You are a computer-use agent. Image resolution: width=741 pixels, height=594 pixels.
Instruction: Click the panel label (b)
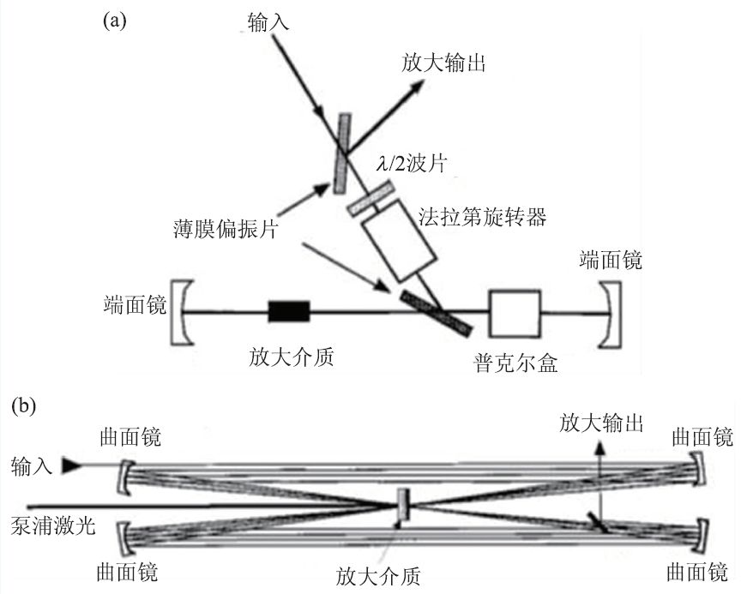(x=23, y=405)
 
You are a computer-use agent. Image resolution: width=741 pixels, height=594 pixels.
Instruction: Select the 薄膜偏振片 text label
(x=233, y=230)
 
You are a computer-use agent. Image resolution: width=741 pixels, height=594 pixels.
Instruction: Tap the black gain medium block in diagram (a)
(x=288, y=311)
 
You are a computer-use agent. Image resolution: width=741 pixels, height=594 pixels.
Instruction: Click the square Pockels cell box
(x=515, y=314)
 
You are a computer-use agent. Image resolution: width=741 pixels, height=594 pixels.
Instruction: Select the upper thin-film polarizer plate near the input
(x=344, y=152)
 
